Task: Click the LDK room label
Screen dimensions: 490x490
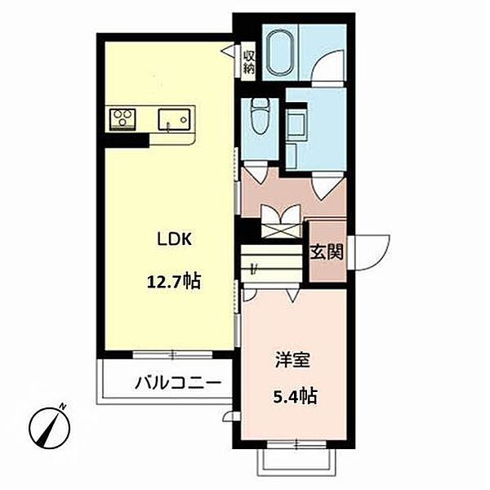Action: (x=174, y=239)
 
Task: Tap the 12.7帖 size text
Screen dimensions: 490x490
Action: (x=174, y=282)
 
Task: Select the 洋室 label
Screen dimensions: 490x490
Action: (x=292, y=359)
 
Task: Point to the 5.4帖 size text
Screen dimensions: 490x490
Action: (x=296, y=396)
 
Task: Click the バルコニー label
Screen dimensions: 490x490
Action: (x=178, y=382)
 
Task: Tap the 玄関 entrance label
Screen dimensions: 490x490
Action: (x=327, y=252)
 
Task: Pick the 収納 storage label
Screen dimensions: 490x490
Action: (x=249, y=62)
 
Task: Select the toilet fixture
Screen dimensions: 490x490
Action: (x=260, y=116)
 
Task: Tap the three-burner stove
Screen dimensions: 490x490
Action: (x=122, y=119)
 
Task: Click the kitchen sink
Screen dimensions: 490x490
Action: (x=174, y=119)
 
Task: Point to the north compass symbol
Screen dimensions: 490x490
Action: (x=49, y=427)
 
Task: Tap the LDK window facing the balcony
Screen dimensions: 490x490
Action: (x=172, y=354)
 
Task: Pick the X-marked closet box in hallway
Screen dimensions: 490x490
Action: (x=282, y=230)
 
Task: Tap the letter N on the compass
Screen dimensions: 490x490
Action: (x=63, y=407)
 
